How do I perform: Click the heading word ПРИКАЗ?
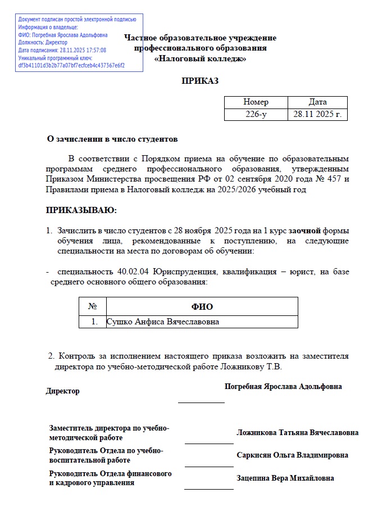[x=199, y=81]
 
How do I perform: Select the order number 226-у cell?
[x=256, y=114]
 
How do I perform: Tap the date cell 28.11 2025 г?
[x=317, y=114]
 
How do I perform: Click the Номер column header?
[x=256, y=102]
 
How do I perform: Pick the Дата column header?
[x=317, y=102]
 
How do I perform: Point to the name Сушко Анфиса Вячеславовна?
[x=162, y=322]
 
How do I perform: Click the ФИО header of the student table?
[x=202, y=306]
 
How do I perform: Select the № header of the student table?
[x=93, y=306]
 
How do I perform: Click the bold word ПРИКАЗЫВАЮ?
[x=81, y=210]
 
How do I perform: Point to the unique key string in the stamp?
[x=71, y=65]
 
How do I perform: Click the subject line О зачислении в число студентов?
[x=112, y=138]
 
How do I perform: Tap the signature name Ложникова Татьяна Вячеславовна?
[x=297, y=433]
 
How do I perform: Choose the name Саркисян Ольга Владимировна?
[x=292, y=455]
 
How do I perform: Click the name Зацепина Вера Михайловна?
[x=285, y=478]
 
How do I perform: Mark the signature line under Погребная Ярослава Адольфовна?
[x=201, y=402]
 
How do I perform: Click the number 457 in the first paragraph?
[x=334, y=179]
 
